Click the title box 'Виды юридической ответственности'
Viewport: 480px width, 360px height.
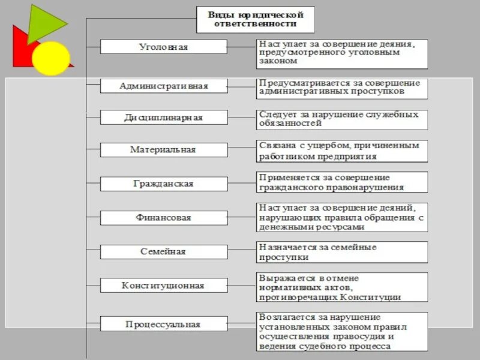coord(256,19)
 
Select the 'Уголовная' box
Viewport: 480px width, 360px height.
coord(163,47)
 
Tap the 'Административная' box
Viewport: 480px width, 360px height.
coord(163,86)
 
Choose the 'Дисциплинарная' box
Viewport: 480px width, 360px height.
coord(163,118)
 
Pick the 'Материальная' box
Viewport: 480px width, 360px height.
coord(163,150)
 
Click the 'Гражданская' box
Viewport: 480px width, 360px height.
coord(163,184)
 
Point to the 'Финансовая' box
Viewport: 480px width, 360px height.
coord(163,218)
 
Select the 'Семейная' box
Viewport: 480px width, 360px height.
coord(163,251)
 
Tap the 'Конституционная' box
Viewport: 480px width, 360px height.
coord(163,286)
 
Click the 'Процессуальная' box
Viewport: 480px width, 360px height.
coord(163,324)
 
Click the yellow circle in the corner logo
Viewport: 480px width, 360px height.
coord(50,58)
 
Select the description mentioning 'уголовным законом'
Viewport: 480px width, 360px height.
coord(342,53)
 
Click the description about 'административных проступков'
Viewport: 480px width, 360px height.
coord(342,88)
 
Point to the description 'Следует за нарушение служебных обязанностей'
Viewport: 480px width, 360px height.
coord(342,119)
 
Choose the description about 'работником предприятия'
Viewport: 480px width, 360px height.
coord(342,151)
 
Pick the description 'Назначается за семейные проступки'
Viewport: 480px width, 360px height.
coord(342,252)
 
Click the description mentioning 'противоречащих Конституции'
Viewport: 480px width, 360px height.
coord(342,287)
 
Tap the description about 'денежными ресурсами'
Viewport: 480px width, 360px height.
coord(342,218)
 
